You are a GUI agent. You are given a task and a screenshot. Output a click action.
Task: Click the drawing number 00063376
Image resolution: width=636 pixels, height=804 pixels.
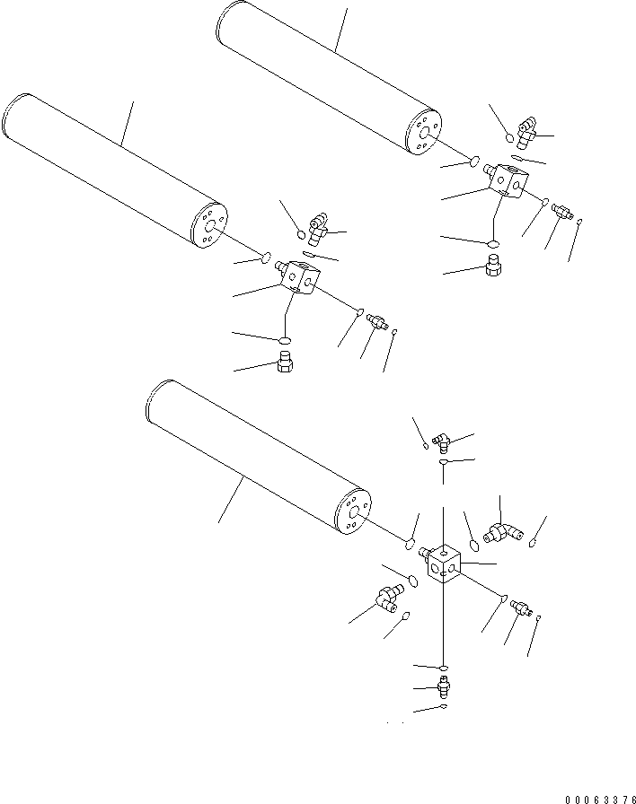pos(599,798)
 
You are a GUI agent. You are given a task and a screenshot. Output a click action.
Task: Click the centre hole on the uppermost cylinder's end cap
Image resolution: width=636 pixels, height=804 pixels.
pos(425,135)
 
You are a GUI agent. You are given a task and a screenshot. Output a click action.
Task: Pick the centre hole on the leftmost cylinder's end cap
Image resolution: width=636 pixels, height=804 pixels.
pos(209,228)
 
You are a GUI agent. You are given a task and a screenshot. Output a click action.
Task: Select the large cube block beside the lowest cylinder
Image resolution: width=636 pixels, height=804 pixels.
pos(444,565)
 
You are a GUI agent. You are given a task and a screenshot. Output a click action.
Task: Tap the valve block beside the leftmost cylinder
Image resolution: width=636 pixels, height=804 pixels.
pos(296,278)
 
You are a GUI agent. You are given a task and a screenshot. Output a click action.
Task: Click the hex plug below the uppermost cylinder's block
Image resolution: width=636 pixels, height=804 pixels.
pos(492,266)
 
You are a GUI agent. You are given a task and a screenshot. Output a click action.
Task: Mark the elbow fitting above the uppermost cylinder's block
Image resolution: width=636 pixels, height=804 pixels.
pos(526,134)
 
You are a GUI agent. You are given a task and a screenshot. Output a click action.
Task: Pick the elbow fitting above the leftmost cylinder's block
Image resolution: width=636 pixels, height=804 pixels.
pos(317,231)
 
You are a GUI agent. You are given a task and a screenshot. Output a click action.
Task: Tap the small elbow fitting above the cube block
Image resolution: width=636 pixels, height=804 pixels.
pos(439,440)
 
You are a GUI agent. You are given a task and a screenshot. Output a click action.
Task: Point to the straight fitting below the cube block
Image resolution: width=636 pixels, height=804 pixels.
pos(443,688)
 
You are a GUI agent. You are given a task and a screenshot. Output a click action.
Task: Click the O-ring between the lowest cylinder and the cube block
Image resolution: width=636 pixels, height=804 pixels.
pos(409,544)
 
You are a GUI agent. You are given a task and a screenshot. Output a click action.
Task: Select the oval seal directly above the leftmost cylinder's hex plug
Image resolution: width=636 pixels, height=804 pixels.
pos(285,340)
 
